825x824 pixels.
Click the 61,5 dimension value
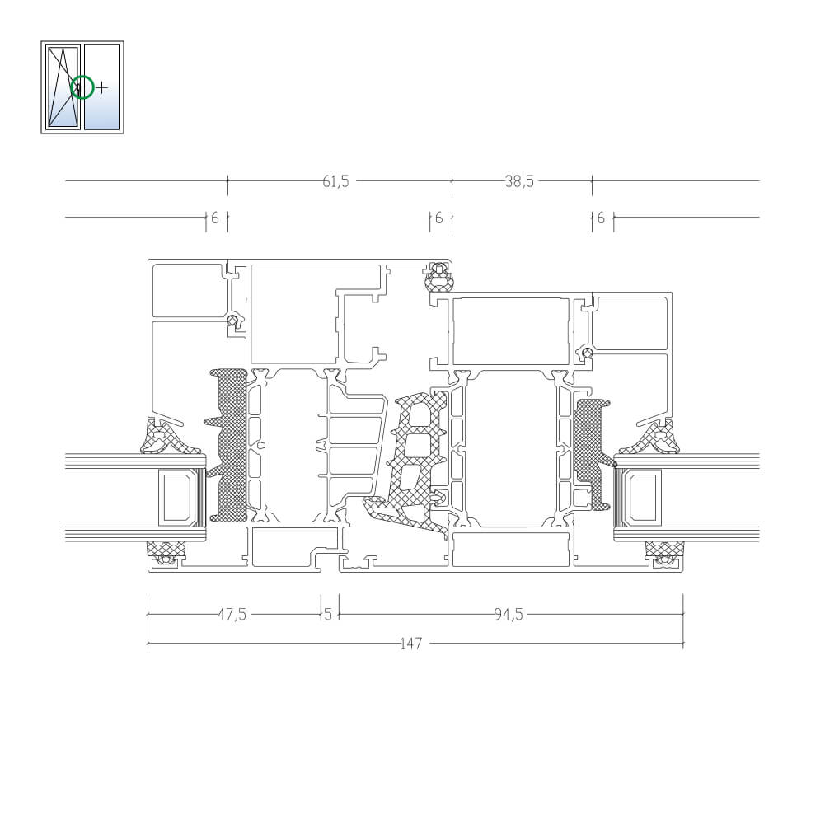(335, 181)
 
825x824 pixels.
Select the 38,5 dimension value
(519, 181)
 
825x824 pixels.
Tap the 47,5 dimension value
(232, 614)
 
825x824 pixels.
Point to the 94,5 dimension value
(509, 614)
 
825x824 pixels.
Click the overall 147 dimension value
(411, 644)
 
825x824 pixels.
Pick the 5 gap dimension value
(328, 614)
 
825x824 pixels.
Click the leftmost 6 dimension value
(214, 218)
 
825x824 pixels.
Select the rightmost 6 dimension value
(601, 218)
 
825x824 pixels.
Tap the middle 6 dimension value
(438, 218)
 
